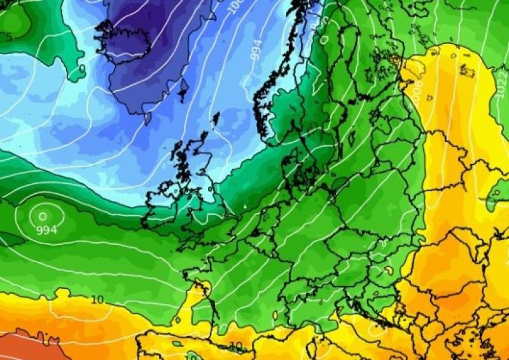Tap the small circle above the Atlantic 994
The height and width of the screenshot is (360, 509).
pyautogui.click(x=43, y=216)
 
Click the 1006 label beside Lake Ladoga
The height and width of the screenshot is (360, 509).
pyautogui.click(x=417, y=90)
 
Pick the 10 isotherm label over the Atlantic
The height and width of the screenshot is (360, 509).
pyautogui.click(x=97, y=300)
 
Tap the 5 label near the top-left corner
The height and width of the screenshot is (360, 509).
pyautogui.click(x=9, y=38)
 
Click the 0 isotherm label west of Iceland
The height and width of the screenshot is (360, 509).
pyautogui.click(x=81, y=67)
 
